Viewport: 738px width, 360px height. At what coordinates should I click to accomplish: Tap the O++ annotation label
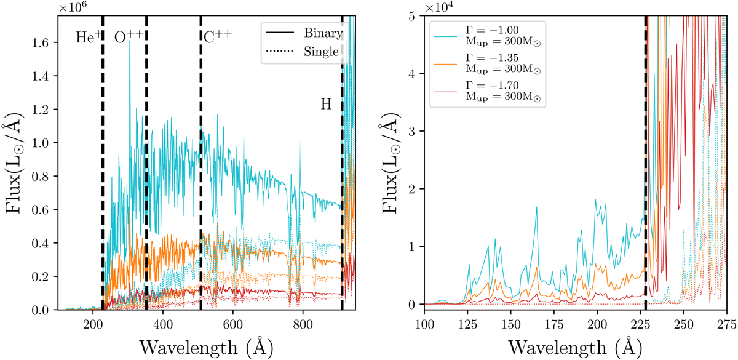click(129, 36)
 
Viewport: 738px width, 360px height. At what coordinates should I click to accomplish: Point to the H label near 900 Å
click(326, 104)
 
